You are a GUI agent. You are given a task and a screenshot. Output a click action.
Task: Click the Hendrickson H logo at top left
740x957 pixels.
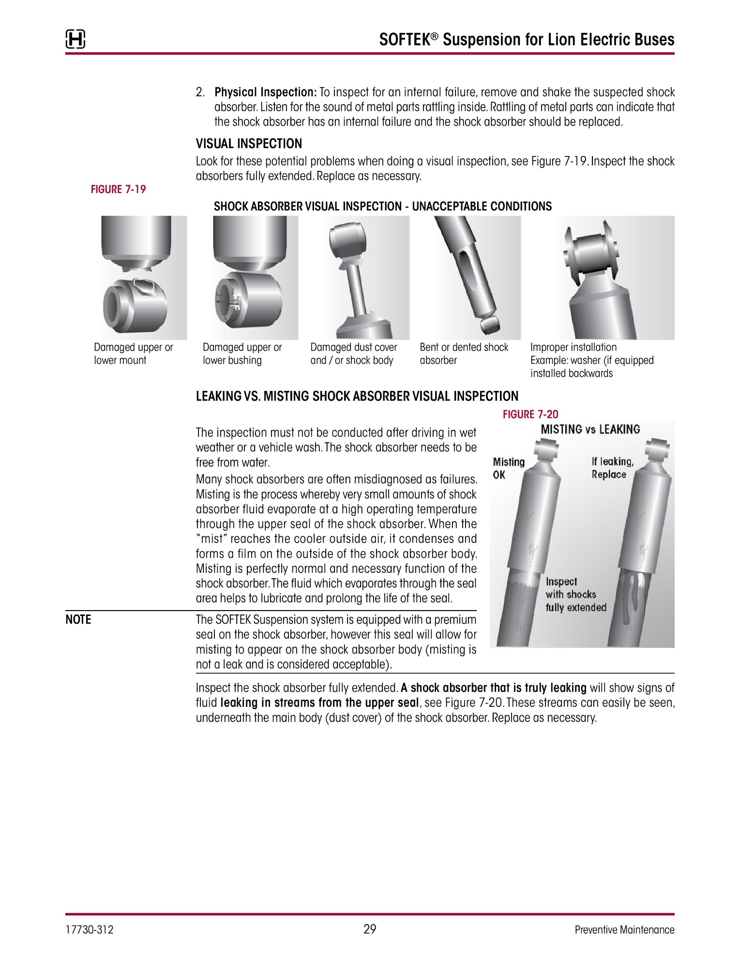[76, 39]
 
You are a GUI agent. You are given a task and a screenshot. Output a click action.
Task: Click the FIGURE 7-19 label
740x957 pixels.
[118, 189]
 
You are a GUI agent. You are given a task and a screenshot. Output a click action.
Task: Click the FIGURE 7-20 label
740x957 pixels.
[530, 414]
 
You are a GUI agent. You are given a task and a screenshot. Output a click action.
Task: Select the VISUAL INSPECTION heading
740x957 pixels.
[249, 144]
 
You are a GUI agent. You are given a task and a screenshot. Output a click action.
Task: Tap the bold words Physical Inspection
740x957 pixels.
[265, 92]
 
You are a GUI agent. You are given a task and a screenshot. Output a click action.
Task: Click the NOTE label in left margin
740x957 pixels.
[78, 619]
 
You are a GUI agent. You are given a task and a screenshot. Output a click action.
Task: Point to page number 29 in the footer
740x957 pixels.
[370, 929]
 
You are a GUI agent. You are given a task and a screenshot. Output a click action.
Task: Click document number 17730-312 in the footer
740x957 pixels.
[90, 929]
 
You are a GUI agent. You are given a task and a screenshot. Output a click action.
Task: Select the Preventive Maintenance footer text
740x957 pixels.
[624, 929]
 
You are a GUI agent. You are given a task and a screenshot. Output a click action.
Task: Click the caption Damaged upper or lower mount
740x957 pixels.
[133, 354]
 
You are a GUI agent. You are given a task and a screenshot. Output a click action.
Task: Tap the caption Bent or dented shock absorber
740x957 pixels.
[464, 354]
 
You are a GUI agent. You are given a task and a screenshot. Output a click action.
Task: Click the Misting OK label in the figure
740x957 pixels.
[508, 468]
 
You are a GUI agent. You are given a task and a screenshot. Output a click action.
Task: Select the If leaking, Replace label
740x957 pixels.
[612, 468]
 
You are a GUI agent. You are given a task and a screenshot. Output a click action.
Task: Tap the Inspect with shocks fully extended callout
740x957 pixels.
[575, 595]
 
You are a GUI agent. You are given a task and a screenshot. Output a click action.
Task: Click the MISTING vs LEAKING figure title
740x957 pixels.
[590, 429]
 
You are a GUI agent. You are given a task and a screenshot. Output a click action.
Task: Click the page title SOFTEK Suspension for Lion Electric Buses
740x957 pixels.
[527, 39]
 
